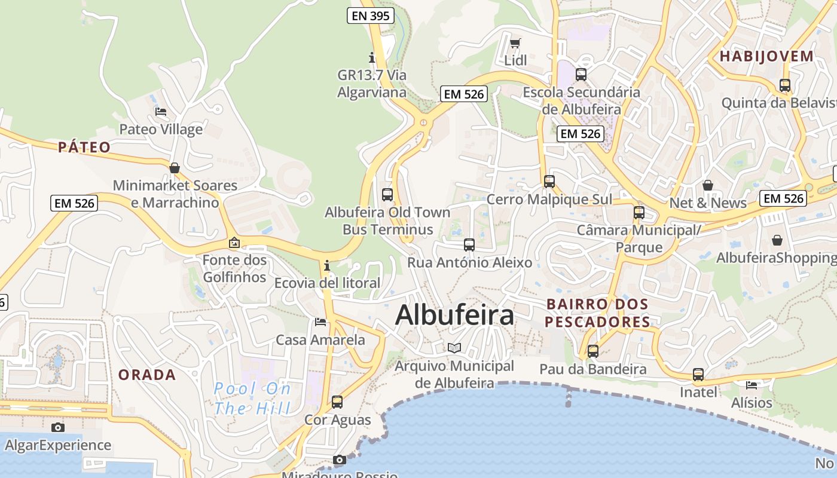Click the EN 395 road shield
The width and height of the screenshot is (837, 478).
pyautogui.click(x=371, y=16)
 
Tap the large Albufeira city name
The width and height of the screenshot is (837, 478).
pyautogui.click(x=454, y=315)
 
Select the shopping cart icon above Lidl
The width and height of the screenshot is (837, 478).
pyautogui.click(x=515, y=43)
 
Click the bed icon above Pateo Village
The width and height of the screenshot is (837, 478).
pyautogui.click(x=160, y=112)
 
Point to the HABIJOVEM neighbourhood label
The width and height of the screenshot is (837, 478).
pyautogui.click(x=766, y=57)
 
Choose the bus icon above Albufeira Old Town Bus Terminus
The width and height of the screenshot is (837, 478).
pyautogui.click(x=387, y=194)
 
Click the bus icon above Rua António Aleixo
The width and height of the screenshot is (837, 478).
pyautogui.click(x=469, y=244)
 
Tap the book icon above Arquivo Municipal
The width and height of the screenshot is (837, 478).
pyautogui.click(x=454, y=348)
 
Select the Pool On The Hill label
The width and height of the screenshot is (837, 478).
pyautogui.click(x=252, y=399)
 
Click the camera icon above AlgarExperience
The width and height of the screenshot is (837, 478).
pyautogui.click(x=57, y=427)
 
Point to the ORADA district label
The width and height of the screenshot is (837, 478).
pyautogui.click(x=147, y=375)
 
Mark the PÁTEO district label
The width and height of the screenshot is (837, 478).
pyautogui.click(x=84, y=148)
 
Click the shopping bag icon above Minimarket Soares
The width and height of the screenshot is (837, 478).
pyautogui.click(x=175, y=168)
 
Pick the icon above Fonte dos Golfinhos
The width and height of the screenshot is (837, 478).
pyautogui.click(x=234, y=243)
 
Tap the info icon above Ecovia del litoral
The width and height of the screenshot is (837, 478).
pyautogui.click(x=327, y=265)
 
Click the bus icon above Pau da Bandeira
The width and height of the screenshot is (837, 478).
pyautogui.click(x=592, y=351)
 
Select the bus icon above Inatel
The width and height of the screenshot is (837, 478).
pyautogui.click(x=698, y=375)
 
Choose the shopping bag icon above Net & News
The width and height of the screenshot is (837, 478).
pyautogui.click(x=708, y=185)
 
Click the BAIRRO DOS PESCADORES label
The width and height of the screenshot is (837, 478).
pyautogui.click(x=598, y=313)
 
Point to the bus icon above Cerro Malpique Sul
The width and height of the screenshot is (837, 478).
pyautogui.click(x=549, y=181)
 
